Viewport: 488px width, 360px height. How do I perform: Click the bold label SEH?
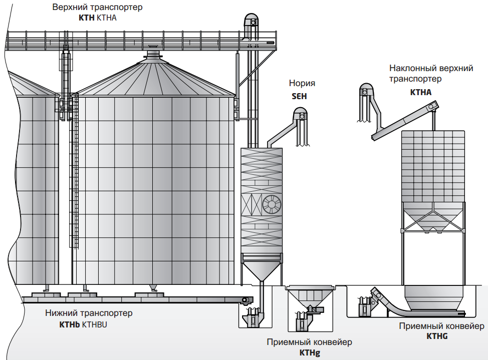pyautogui.click(x=299, y=96)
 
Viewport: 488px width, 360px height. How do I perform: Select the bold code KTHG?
pyautogui.click(x=437, y=336)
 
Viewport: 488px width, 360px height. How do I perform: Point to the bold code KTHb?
pyautogui.click(x=70, y=324)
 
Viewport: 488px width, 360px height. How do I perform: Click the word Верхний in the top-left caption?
pyautogui.click(x=70, y=8)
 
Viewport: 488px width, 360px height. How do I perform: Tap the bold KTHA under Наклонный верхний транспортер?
pyautogui.click(x=420, y=92)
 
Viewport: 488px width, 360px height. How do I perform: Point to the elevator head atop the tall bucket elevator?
pyautogui.click(x=251, y=21)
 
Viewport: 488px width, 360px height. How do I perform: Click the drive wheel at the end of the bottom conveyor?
pyautogui.click(x=245, y=300)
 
